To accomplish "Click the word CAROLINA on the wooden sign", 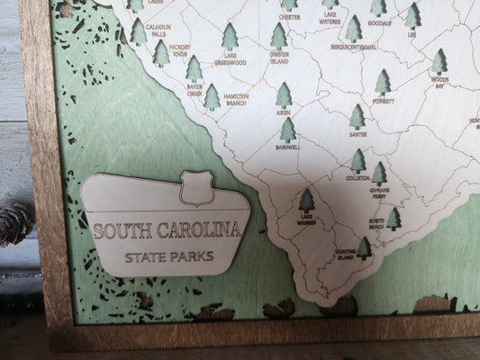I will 204,229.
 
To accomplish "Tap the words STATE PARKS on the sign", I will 169,256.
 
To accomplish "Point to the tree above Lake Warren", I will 306,201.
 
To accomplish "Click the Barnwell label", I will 288,147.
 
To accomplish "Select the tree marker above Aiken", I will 285,94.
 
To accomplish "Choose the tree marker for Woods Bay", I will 439,61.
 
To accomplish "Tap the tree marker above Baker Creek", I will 194,67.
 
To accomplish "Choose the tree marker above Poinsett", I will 383,82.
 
